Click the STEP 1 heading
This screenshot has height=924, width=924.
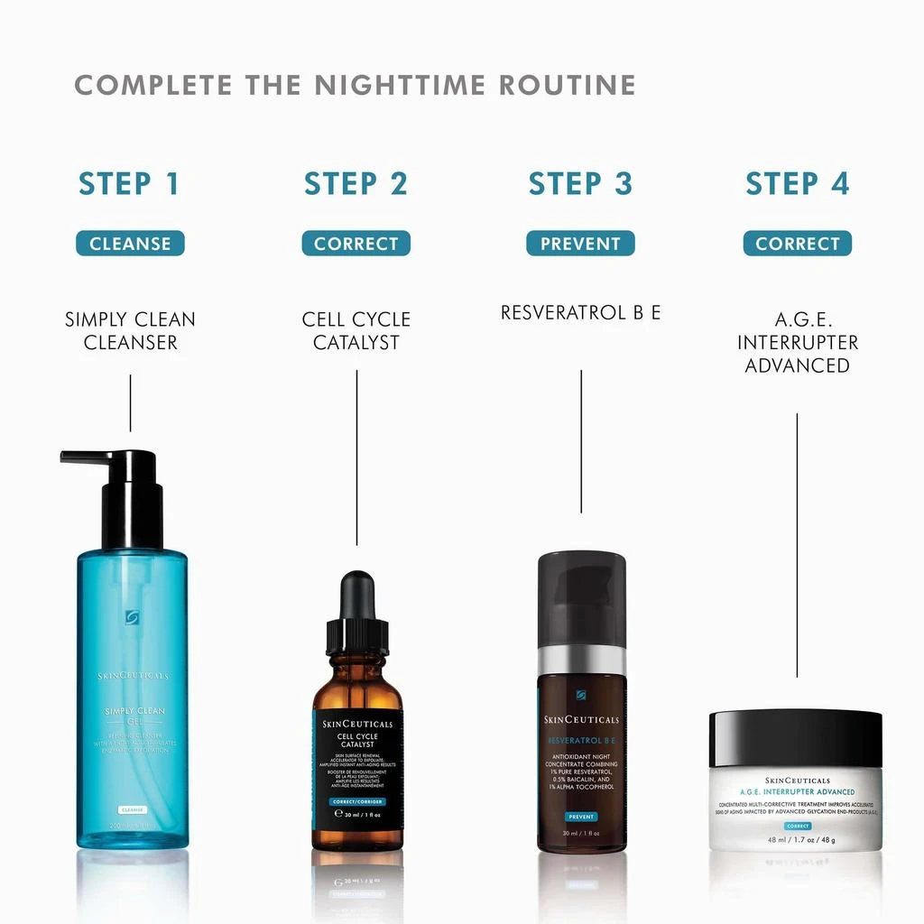click(x=129, y=183)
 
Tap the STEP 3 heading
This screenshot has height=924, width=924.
click(x=580, y=183)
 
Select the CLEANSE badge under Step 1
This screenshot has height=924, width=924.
click(x=130, y=244)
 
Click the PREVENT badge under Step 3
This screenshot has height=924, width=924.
click(x=580, y=244)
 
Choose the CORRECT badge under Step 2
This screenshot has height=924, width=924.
click(x=356, y=244)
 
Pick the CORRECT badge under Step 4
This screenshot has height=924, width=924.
click(x=797, y=244)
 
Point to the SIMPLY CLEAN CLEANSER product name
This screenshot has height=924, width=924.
click(x=130, y=331)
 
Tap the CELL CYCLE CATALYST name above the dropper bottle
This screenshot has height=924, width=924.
click(x=356, y=331)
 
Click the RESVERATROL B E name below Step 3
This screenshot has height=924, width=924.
click(x=580, y=313)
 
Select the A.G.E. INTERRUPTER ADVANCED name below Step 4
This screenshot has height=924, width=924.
click(x=797, y=343)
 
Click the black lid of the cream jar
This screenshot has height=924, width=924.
click(x=795, y=738)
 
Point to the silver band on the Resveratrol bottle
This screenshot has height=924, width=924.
click(x=581, y=661)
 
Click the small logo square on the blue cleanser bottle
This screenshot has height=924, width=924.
click(x=133, y=617)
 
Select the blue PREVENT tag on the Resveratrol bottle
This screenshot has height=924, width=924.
click(x=581, y=817)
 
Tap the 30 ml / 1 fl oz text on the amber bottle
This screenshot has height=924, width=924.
click(x=357, y=813)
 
